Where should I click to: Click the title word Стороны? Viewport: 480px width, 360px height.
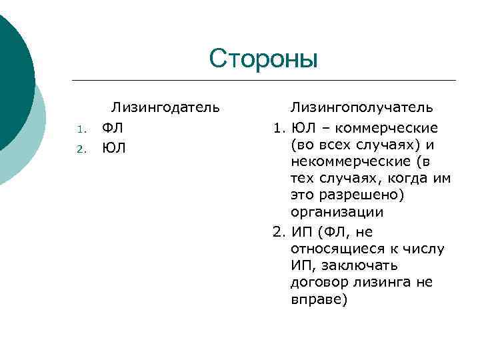263,59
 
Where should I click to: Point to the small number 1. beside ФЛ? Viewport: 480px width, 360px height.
79,129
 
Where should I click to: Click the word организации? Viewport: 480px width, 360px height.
337,213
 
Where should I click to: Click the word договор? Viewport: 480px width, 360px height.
317,282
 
